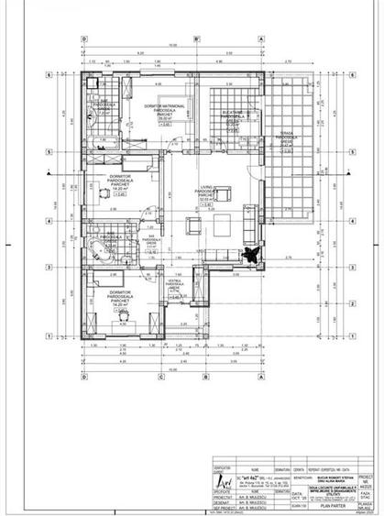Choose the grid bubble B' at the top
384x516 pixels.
click(x=197, y=39)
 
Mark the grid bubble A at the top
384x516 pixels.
click(x=260, y=39)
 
